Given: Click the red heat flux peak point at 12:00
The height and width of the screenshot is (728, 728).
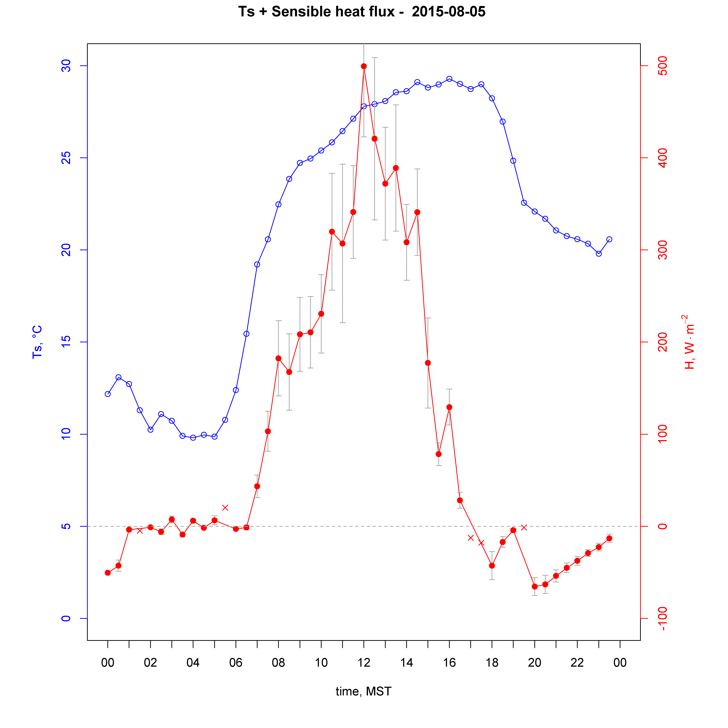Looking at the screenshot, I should [364, 66].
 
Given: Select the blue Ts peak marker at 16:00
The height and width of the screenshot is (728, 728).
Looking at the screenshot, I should [449, 79].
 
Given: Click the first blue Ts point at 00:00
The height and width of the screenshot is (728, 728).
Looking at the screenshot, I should [108, 394].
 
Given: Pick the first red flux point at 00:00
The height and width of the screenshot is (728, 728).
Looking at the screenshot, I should [108, 573].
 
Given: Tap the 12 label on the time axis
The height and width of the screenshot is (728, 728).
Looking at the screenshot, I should [364, 663].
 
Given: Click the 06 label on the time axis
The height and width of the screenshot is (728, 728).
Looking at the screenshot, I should [236, 663].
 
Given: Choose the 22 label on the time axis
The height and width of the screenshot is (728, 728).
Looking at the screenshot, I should [577, 663].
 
